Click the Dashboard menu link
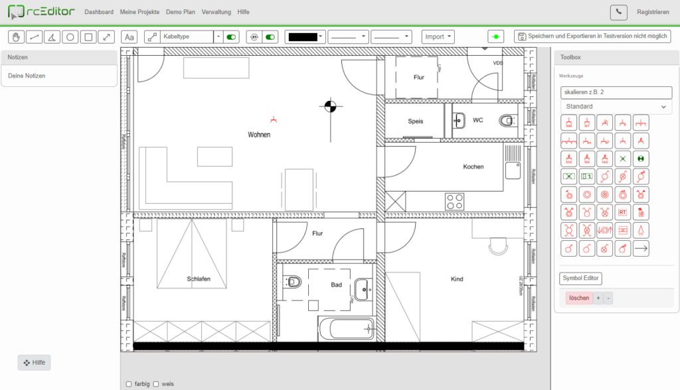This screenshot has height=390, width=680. pos(99,12)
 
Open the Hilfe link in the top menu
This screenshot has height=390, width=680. pos(243,12)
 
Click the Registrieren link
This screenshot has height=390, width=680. pos(653,12)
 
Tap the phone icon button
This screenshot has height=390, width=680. pos(618,12)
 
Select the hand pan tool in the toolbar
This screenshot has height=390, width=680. pos(16,37)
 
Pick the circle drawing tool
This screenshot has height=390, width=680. pos(70,37)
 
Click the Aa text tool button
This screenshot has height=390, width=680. pos(129,37)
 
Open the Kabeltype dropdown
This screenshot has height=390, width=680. pos(218,37)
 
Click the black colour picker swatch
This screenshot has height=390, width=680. pos(305,37)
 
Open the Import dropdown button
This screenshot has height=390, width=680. pos(438,37)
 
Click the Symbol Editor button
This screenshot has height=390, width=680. pos(580,279)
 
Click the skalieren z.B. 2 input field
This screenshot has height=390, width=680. pos(616,92)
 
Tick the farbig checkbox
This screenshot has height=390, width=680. pos(129,384)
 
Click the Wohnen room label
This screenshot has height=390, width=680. pos(259,135)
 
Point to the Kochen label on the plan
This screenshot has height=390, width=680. pos(473,166)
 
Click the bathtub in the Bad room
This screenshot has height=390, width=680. pos(345,328)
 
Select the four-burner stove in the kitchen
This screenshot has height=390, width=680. pos(454,200)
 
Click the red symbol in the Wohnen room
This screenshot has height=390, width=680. pos(274,119)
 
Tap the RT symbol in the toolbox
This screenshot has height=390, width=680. pos(622,212)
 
